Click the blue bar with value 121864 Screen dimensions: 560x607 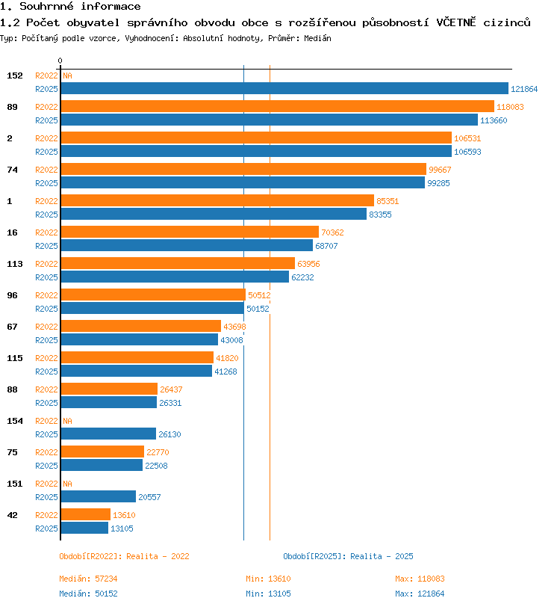pyautogui.click(x=284, y=89)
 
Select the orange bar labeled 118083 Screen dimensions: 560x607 pyautogui.click(x=278, y=106)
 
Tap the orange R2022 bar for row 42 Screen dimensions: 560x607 pyautogui.click(x=86, y=514)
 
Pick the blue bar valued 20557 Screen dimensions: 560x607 pyautogui.click(x=99, y=496)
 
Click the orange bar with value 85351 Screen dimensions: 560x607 pyautogui.click(x=217, y=200)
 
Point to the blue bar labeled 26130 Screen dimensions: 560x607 pyautogui.click(x=108, y=434)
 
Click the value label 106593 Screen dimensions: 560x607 pyautogui.click(x=467, y=152)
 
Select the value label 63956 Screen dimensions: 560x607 pyautogui.click(x=308, y=264)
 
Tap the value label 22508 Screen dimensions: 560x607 pyautogui.click(x=156, y=466)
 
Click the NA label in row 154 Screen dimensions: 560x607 pyautogui.click(x=67, y=421)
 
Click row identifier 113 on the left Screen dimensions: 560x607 pyautogui.click(x=15, y=264)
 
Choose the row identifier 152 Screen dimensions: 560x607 pyautogui.click(x=15, y=76)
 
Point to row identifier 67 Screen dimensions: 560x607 pyautogui.click(x=13, y=327)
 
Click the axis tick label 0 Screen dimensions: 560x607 pyautogui.click(x=60, y=61)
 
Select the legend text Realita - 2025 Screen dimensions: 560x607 pyautogui.click(x=382, y=556)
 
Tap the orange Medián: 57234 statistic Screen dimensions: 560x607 pyautogui.click(x=88, y=579)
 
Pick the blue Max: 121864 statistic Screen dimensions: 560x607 pyautogui.click(x=420, y=594)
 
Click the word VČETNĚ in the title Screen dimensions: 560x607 pyautogui.click(x=456, y=22)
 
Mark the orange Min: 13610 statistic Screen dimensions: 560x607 pyautogui.click(x=268, y=579)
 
